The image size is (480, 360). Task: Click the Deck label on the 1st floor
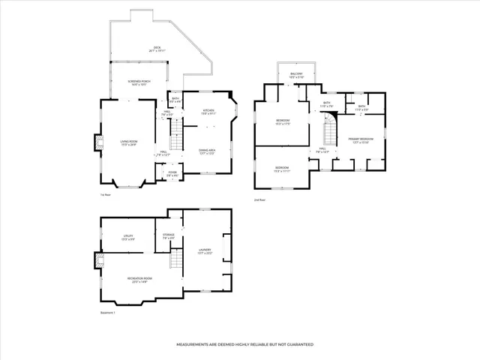[x=157, y=49]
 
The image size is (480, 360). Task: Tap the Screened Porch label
[x=136, y=84]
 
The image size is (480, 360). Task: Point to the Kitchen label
[x=208, y=112]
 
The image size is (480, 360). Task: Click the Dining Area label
[x=208, y=151]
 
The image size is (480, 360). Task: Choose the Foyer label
[x=172, y=174]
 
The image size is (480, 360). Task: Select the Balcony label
[x=296, y=75]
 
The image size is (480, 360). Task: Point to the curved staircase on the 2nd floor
[x=328, y=134]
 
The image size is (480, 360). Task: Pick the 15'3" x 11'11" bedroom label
[x=282, y=168]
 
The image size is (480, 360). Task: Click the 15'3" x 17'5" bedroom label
[x=283, y=121]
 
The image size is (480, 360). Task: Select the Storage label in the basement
[x=169, y=236]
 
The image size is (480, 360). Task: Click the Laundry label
[x=204, y=251]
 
